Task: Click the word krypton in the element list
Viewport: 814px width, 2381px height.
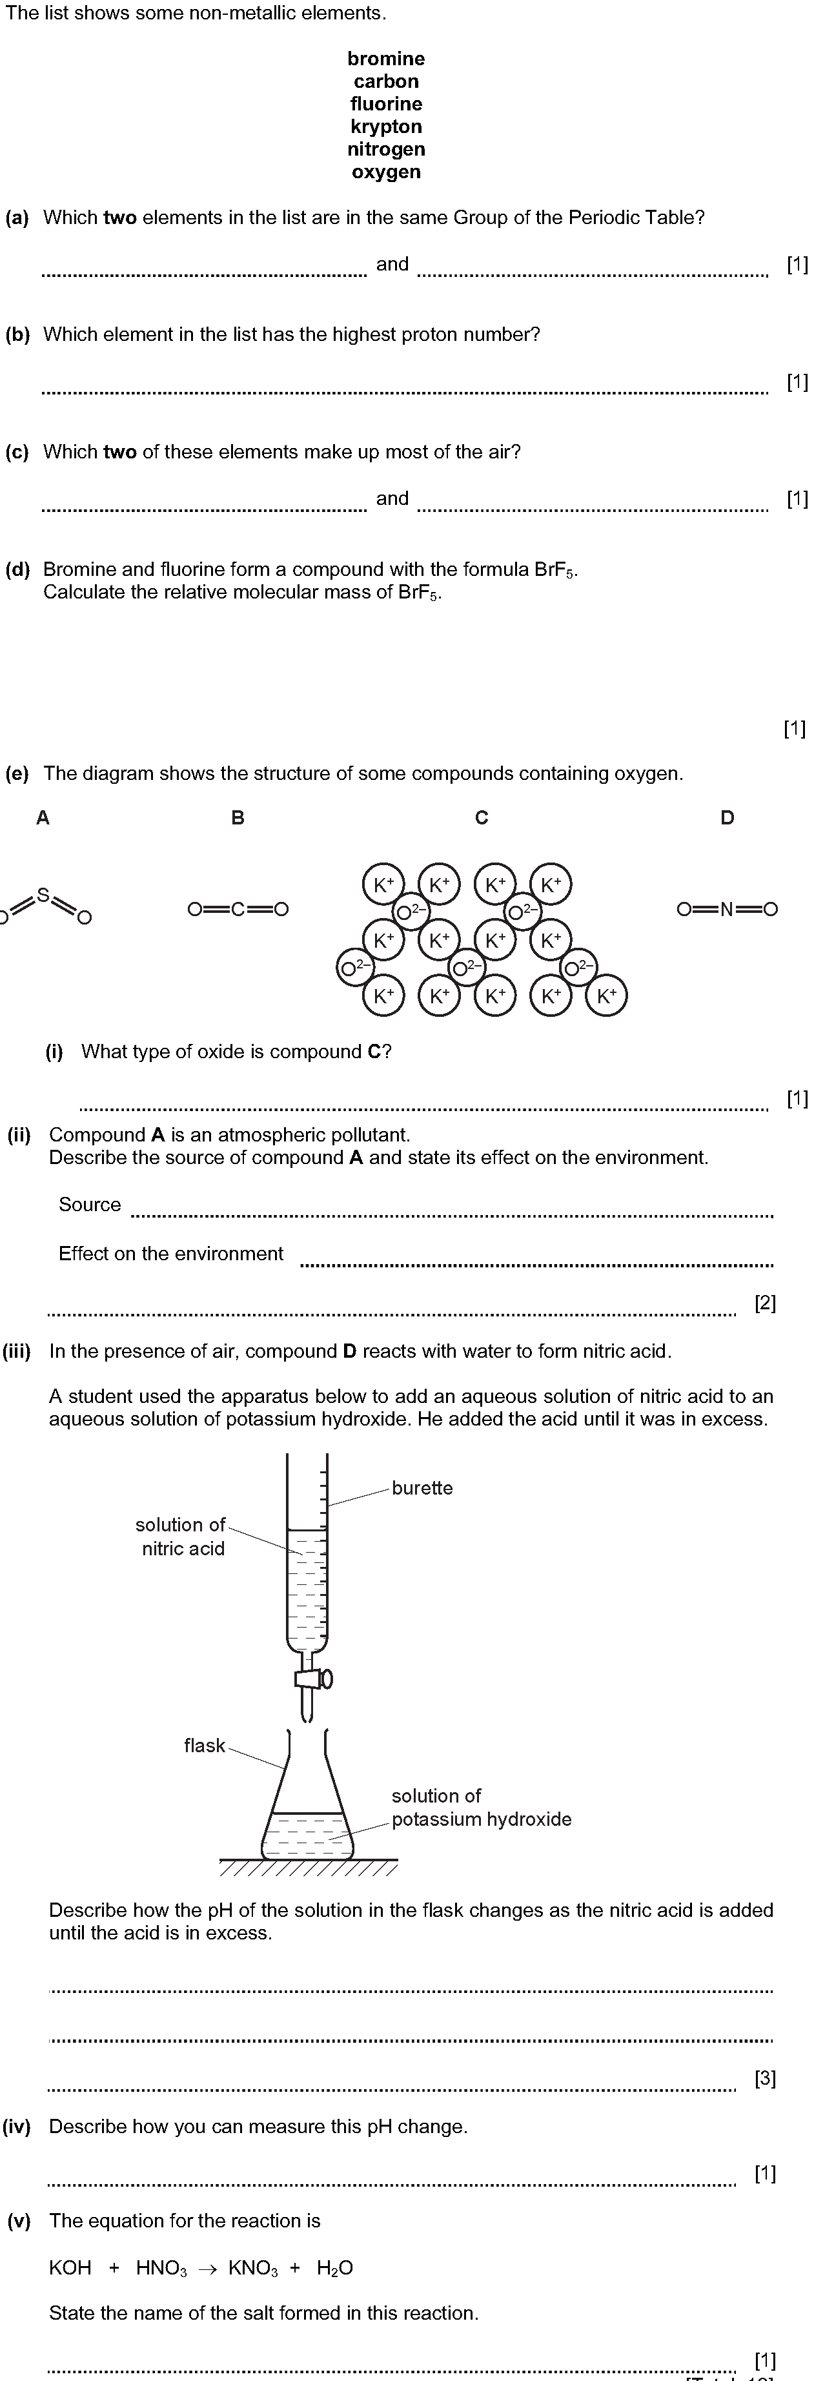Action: (386, 127)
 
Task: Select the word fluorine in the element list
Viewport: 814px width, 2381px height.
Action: (386, 103)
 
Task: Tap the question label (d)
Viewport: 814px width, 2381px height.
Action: (17, 569)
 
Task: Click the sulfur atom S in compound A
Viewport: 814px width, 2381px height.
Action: (43, 895)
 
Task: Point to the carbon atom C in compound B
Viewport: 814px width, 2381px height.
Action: (238, 910)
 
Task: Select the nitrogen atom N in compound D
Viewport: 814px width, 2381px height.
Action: (727, 910)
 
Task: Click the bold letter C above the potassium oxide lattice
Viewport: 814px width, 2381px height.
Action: (482, 817)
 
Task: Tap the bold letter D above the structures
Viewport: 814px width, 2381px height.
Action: (727, 817)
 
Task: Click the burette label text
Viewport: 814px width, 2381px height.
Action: (422, 1488)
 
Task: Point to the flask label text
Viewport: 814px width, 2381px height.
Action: (204, 1745)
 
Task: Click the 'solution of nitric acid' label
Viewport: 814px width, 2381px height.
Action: (181, 1536)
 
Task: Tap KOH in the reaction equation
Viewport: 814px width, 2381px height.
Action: (70, 2267)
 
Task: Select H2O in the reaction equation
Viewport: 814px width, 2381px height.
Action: (334, 2268)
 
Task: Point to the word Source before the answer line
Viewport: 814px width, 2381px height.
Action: (90, 1204)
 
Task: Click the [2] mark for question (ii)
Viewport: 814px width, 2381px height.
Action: (765, 1302)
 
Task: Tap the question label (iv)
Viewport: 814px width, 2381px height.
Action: (17, 2126)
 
